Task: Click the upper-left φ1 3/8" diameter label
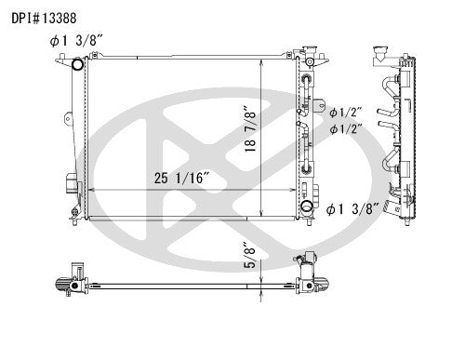tap(78, 40)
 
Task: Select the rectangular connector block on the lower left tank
tap(70, 183)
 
